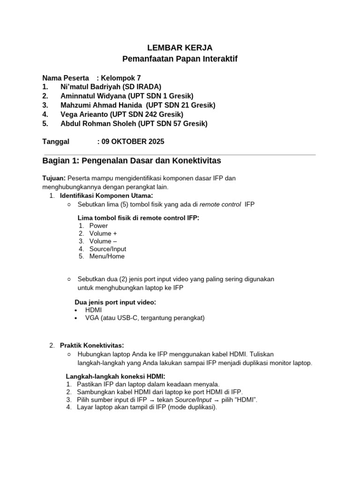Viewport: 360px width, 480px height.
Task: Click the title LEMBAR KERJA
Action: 180,47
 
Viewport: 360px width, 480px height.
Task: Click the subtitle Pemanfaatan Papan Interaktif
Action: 180,59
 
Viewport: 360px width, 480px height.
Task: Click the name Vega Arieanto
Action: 84,114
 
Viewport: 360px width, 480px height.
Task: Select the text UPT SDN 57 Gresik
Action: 178,124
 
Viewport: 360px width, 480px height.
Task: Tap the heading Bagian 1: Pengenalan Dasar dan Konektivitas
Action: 132,161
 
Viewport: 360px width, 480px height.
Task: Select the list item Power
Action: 98,225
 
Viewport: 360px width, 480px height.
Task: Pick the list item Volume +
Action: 103,233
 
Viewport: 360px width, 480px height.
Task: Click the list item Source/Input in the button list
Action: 107,249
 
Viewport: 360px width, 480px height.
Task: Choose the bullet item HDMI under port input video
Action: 93,310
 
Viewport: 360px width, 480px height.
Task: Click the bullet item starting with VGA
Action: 145,318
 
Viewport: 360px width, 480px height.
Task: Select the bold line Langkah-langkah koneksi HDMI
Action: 115,376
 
